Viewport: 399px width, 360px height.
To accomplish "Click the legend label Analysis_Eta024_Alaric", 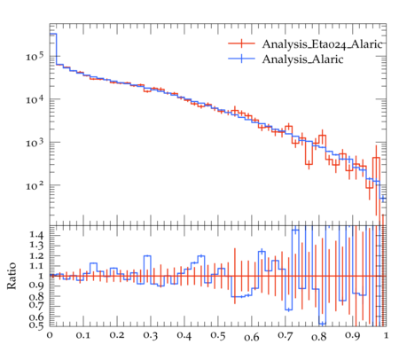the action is (322, 44).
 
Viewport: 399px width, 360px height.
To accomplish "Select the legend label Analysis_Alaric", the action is (302, 59).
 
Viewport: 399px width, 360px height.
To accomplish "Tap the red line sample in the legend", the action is (241, 43).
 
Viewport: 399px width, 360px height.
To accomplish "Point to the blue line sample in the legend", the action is (241, 59).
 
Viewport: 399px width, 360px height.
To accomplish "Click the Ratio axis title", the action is (12, 276).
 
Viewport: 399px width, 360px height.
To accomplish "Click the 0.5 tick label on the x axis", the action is (218, 336).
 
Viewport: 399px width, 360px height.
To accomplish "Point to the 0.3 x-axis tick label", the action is (151, 336).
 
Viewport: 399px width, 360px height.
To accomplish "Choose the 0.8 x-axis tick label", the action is (319, 337).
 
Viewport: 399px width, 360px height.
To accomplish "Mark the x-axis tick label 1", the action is (386, 335).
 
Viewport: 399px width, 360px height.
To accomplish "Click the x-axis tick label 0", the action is (50, 335).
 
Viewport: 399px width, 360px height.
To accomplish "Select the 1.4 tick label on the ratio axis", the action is (36, 235).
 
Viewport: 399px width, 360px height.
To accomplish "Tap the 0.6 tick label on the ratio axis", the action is (36, 317).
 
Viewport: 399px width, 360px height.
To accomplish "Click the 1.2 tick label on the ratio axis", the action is (36, 255).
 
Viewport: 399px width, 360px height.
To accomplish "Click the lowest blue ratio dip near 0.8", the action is (323, 324).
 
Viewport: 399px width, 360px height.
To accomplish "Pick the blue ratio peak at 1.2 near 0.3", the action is (147, 256).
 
